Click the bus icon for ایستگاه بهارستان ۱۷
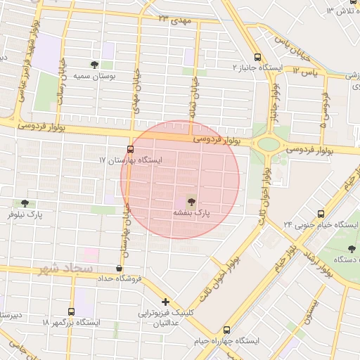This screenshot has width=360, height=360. pyautogui.click(x=130, y=149)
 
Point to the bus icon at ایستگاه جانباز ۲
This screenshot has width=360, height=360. pyautogui.click(x=257, y=56)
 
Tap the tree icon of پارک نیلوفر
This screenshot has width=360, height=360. pyautogui.click(x=25, y=202)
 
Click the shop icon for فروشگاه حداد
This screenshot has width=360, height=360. pyautogui.click(x=119, y=268)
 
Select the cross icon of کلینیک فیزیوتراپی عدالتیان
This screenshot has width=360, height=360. pyautogui.click(x=165, y=302)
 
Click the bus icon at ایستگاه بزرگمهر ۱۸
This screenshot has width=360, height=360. pyautogui.click(x=71, y=311)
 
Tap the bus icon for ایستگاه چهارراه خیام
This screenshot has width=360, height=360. pyautogui.click(x=226, y=330)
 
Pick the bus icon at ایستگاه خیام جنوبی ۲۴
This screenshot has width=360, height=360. pyautogui.click(x=321, y=214)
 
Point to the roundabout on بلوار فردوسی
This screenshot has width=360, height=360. pyautogui.click(x=268, y=145)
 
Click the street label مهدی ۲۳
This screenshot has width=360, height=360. pyautogui.click(x=174, y=19)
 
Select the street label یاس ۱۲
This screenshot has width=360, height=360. pyautogui.click(x=305, y=71)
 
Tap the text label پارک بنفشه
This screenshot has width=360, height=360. pyautogui.click(x=192, y=212)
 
